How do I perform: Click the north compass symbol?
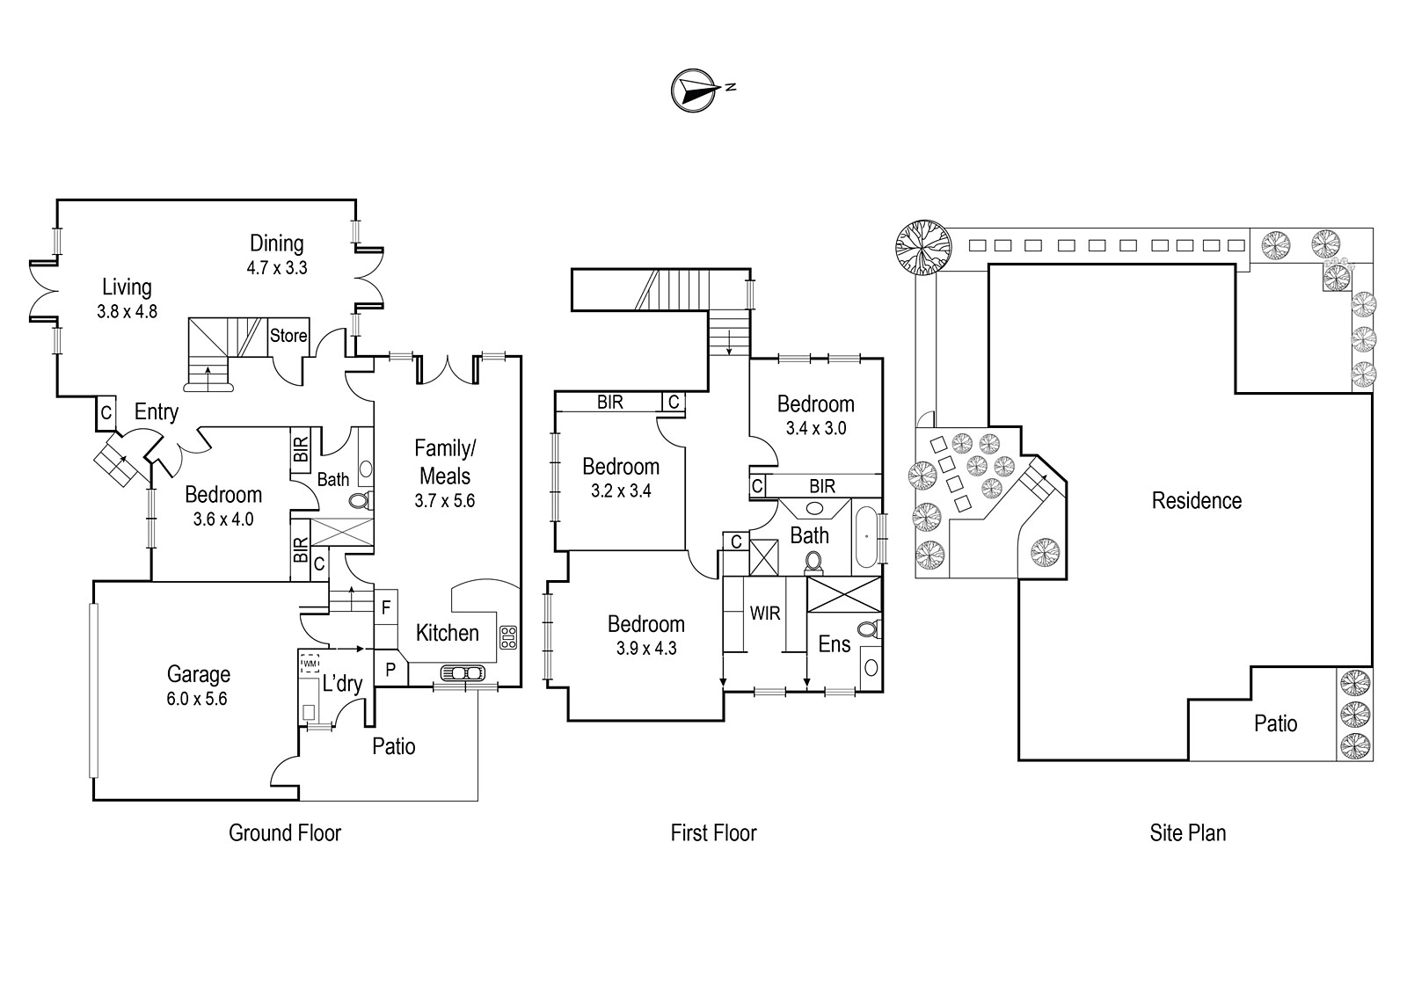695,91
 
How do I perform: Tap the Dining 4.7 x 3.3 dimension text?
277,268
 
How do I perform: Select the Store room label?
288,336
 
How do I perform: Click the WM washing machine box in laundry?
310,663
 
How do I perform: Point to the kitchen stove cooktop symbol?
508,637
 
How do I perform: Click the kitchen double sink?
463,673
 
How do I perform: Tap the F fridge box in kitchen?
386,607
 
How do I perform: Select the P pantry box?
390,669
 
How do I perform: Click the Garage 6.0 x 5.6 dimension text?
197,699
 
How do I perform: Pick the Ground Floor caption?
285,833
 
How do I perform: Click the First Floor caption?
713,833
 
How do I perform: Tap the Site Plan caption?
1188,833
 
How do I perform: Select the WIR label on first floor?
765,614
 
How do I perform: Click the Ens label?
835,644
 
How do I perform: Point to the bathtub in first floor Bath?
866,537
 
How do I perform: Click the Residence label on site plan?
1197,501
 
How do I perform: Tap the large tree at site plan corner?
922,247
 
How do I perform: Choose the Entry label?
157,412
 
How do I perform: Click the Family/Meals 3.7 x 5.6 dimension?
445,501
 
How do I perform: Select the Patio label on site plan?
1276,723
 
